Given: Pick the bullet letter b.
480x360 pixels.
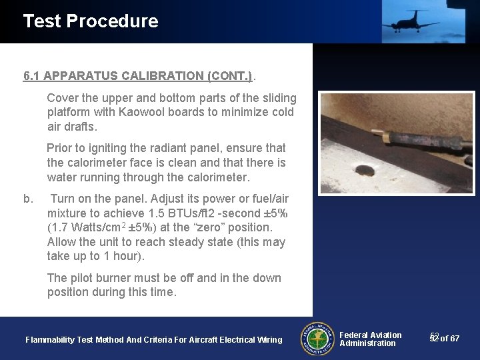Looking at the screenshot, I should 28,199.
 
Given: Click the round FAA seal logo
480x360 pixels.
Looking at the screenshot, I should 318,339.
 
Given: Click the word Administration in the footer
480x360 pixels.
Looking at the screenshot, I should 367,343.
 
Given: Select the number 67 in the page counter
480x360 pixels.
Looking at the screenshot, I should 455,339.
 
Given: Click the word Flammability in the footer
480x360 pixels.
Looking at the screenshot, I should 50,340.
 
